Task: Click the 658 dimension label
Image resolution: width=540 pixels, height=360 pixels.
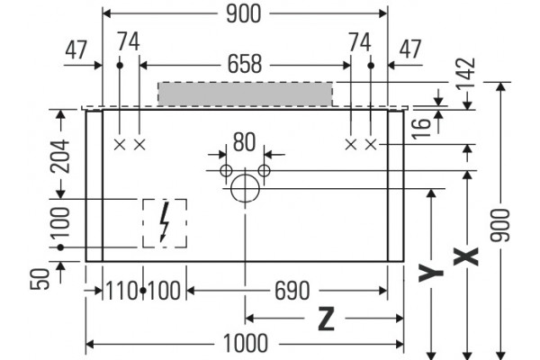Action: click(245, 65)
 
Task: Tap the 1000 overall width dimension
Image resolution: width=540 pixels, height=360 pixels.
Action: click(245, 344)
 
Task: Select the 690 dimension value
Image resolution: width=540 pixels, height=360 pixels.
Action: click(292, 291)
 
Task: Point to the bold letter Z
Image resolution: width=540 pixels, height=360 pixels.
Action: click(326, 319)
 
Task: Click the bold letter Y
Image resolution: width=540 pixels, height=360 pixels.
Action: click(430, 272)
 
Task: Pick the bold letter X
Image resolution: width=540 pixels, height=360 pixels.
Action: click(466, 256)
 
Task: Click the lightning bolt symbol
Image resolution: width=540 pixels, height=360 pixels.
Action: click(165, 222)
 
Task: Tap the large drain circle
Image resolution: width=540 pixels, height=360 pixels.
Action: click(245, 188)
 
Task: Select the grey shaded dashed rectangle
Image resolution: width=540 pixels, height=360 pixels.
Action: click(245, 94)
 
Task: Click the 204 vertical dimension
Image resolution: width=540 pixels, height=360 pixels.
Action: click(60, 156)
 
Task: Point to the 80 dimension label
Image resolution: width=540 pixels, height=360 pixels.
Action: click(244, 141)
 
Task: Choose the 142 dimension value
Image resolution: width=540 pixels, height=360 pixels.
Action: click(466, 74)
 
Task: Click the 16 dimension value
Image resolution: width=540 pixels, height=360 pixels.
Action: click(422, 128)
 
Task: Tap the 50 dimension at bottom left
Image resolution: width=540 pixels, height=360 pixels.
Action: click(40, 279)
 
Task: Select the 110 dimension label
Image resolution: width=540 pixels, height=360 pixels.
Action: click(121, 291)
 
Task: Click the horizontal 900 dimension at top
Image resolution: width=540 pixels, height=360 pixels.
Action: click(244, 14)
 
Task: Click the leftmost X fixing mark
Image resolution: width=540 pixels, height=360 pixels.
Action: click(120, 145)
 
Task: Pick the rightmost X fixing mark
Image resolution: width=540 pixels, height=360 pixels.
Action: click(371, 145)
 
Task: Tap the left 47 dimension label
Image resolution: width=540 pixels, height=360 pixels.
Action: click(76, 50)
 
